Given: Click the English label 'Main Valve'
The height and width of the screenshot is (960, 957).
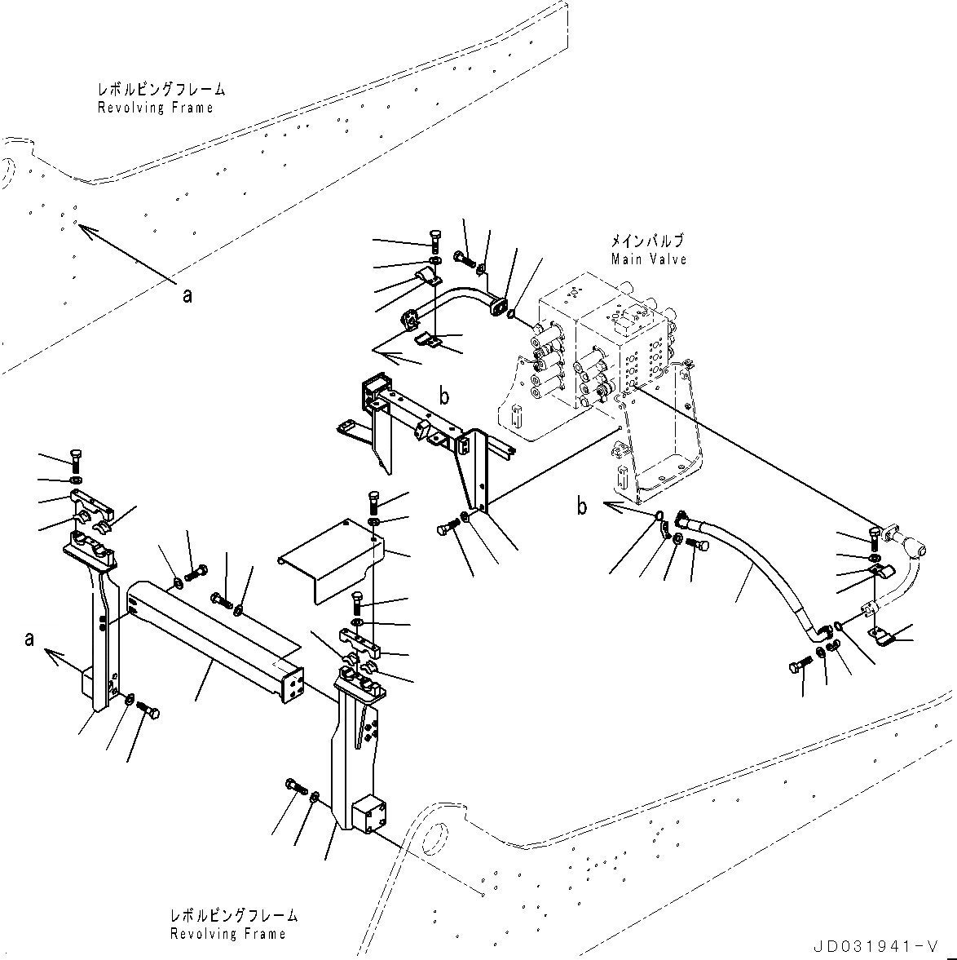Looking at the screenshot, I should pyautogui.click(x=649, y=259).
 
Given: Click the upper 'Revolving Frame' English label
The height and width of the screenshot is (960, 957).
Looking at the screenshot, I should pyautogui.click(x=155, y=108).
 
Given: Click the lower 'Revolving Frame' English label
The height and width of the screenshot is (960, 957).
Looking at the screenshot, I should pyautogui.click(x=228, y=934).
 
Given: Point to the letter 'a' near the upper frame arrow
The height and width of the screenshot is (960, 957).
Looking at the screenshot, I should pyautogui.click(x=187, y=296).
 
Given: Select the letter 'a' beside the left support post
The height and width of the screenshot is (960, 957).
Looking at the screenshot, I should pyautogui.click(x=29, y=639).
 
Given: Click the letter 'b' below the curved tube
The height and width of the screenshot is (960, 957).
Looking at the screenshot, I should pyautogui.click(x=444, y=397).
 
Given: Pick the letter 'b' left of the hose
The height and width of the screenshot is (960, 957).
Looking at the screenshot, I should pyautogui.click(x=582, y=507).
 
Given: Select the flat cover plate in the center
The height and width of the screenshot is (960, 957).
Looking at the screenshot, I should pyautogui.click(x=330, y=559).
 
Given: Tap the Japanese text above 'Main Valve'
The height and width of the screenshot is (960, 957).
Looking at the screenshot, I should pyautogui.click(x=648, y=241).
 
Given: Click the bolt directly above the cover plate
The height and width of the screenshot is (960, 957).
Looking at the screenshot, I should pyautogui.click(x=374, y=500).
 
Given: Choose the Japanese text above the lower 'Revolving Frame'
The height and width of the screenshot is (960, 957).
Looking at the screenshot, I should pyautogui.click(x=234, y=916).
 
